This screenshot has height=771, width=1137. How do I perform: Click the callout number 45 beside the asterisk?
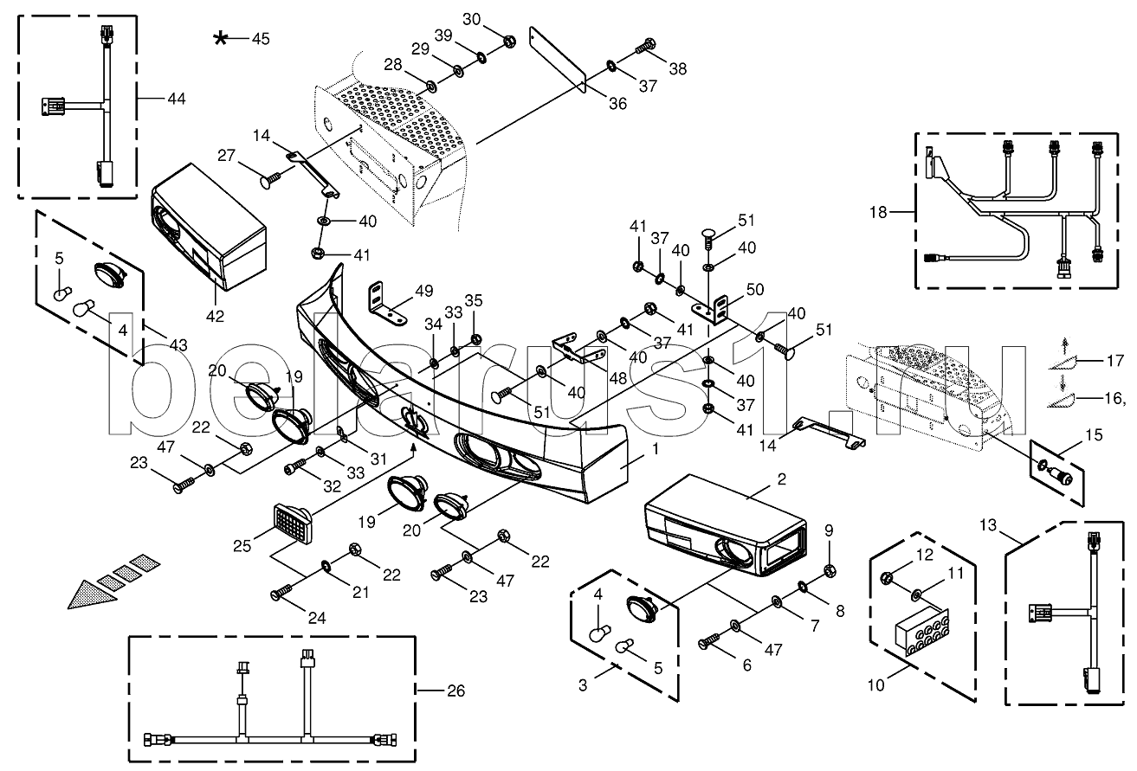tap(260, 39)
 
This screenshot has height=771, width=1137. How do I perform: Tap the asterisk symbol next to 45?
tap(223, 38)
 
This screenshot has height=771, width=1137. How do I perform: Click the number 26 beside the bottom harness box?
tap(455, 691)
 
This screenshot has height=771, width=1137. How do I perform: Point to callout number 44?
tap(176, 100)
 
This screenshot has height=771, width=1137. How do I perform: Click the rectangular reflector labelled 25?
tap(293, 523)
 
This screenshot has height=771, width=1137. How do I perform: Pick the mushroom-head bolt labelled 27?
tap(269, 180)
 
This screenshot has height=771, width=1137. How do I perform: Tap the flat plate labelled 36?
tap(559, 59)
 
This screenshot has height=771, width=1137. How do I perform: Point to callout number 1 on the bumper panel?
tap(656, 449)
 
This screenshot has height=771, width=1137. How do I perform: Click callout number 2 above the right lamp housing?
tap(781, 479)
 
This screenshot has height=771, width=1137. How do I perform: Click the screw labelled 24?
tap(282, 594)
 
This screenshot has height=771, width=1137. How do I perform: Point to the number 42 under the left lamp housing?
tap(215, 316)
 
